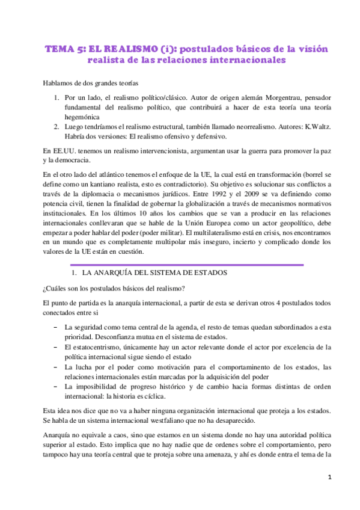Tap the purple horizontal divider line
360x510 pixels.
click(x=187, y=265)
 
